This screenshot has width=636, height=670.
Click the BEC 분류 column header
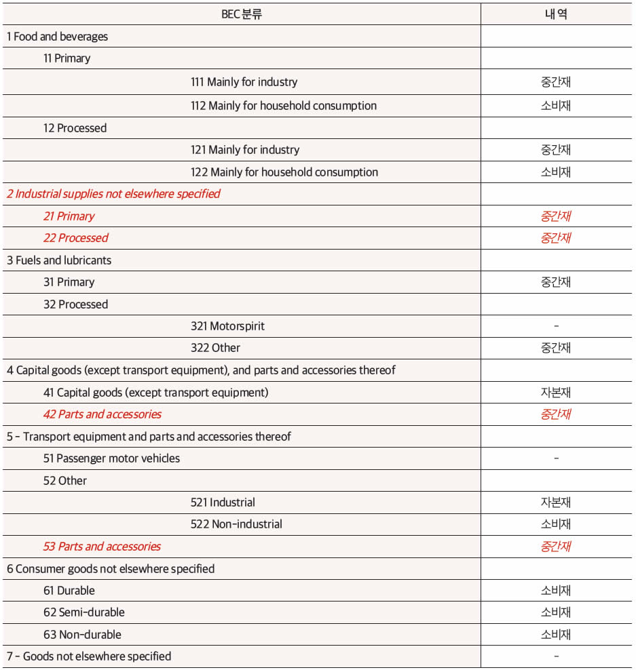(x=241, y=14)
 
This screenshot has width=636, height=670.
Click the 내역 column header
(x=556, y=14)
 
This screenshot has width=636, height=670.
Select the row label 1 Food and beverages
(x=57, y=37)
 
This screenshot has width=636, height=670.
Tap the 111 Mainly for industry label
(x=244, y=82)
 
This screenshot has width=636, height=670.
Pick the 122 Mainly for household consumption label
(x=284, y=172)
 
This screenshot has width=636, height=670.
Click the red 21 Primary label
(x=69, y=216)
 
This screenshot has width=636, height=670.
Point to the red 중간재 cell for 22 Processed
(x=556, y=238)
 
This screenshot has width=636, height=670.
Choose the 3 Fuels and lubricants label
(x=59, y=260)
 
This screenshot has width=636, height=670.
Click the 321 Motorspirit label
(x=227, y=326)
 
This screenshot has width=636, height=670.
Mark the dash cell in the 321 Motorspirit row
(x=556, y=326)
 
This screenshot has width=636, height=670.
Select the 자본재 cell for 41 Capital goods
(x=556, y=393)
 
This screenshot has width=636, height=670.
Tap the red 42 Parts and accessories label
(x=102, y=414)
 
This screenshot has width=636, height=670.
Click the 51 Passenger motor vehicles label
(x=111, y=458)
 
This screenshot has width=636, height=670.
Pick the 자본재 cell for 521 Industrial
(x=556, y=502)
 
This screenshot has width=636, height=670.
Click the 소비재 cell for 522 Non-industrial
(x=556, y=524)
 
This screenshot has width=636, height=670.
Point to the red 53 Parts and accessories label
(x=102, y=547)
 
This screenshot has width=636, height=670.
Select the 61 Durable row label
(x=69, y=591)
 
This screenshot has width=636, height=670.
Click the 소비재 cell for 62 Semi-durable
(x=556, y=612)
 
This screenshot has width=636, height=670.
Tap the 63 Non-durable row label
(x=82, y=635)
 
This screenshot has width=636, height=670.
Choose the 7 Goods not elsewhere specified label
(x=89, y=656)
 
